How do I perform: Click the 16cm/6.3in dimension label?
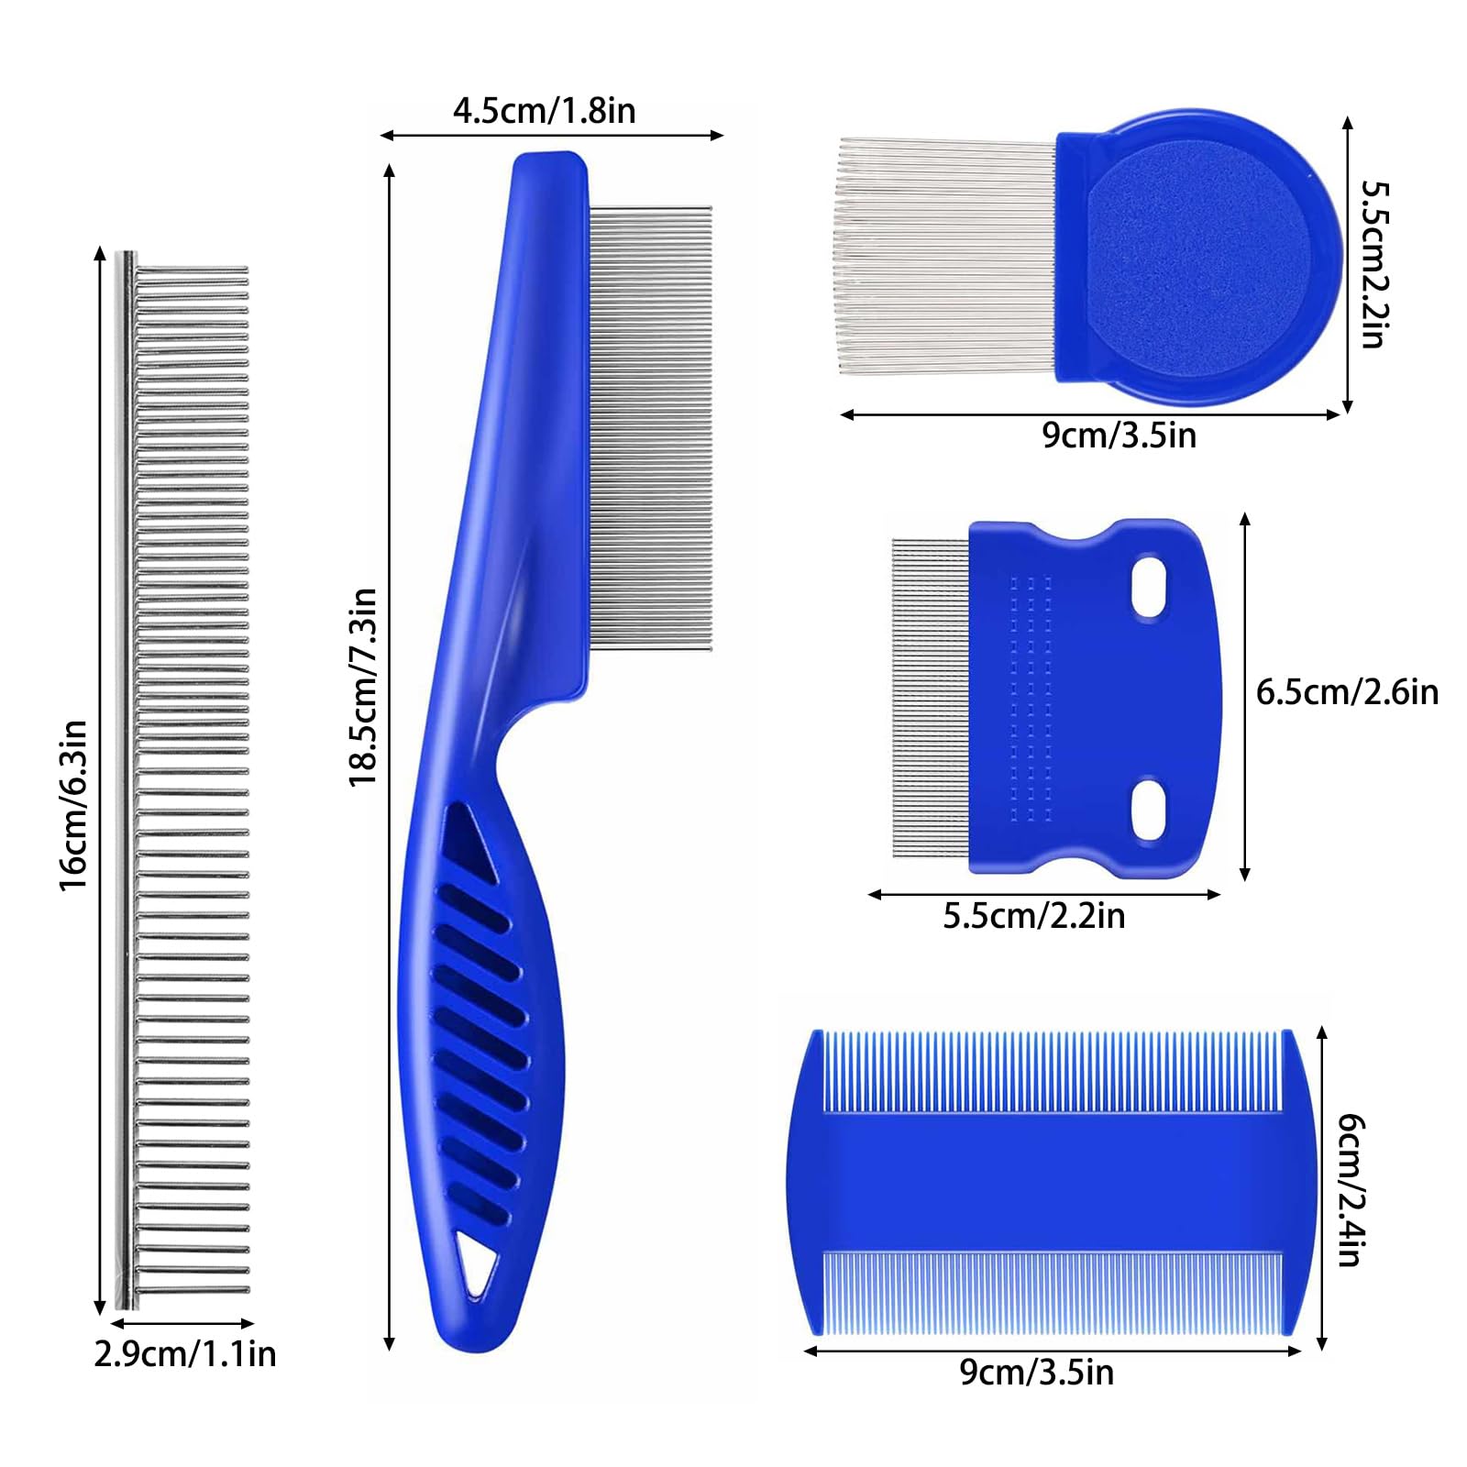73,805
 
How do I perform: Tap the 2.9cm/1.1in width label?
185,1354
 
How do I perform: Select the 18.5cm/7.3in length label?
363,687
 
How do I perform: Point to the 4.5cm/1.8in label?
544,111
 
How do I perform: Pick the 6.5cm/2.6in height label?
1347,692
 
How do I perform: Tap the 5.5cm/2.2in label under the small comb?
1034,916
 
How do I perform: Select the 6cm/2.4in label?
1351,1190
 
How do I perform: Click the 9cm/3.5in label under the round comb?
1120,436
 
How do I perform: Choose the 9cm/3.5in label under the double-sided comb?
1037,1373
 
